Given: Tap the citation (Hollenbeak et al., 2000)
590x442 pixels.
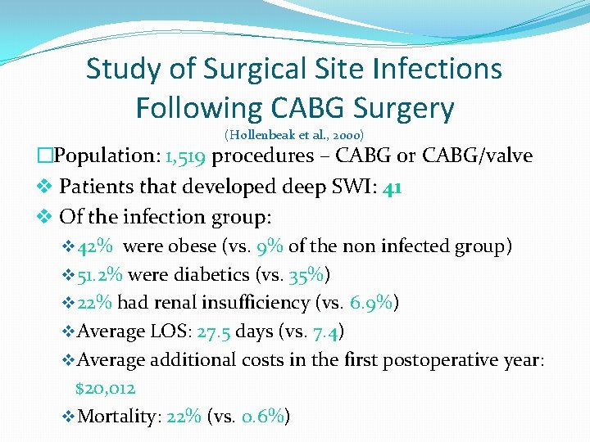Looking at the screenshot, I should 294,134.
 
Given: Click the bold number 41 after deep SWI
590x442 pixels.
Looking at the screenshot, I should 392,187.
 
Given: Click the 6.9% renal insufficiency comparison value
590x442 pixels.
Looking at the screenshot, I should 371,303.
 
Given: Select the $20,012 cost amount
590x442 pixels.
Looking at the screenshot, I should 105,388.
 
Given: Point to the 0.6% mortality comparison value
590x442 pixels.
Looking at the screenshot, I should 261,417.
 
